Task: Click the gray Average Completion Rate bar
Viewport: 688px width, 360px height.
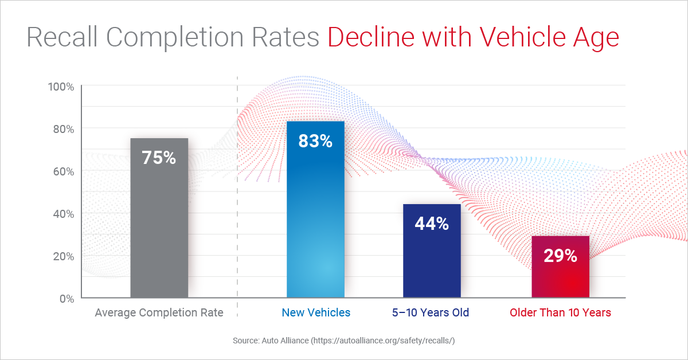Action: point(159,229)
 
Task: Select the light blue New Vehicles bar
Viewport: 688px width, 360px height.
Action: point(315,229)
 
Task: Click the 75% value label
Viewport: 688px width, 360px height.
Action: point(159,158)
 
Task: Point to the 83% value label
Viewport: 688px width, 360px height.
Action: point(315,140)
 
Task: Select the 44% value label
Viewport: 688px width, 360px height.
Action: point(432,224)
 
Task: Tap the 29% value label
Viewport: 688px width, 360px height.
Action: point(560,256)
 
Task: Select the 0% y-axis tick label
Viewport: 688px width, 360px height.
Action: point(65,299)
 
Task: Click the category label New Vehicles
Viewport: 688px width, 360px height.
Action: point(315,312)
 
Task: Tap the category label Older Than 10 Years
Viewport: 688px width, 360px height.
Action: point(560,312)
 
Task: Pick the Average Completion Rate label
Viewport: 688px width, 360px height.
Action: point(159,312)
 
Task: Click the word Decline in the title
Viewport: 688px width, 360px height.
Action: point(371,37)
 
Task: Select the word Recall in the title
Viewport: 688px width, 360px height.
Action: point(61,37)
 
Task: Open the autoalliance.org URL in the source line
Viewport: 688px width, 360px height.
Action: point(384,341)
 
